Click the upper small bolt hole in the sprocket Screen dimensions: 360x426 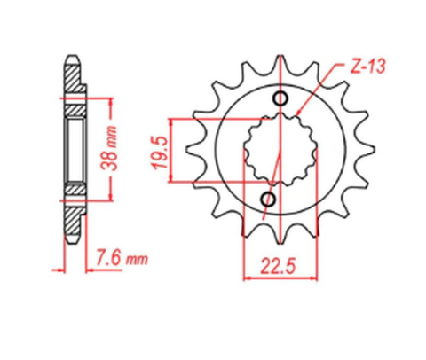pos(283,98)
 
